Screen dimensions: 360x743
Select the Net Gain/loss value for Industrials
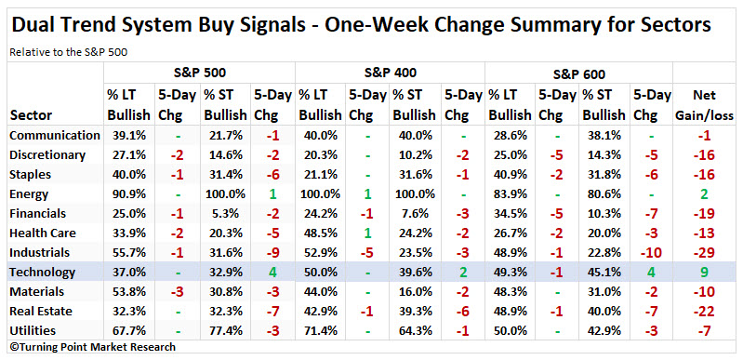(704, 252)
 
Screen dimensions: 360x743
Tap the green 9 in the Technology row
(704, 272)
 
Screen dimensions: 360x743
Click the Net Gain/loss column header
(704, 105)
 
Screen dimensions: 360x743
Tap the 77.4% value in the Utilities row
(223, 330)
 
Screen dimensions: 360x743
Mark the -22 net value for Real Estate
(704, 311)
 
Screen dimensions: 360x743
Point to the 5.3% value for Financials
(223, 213)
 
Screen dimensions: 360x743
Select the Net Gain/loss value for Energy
(704, 193)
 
